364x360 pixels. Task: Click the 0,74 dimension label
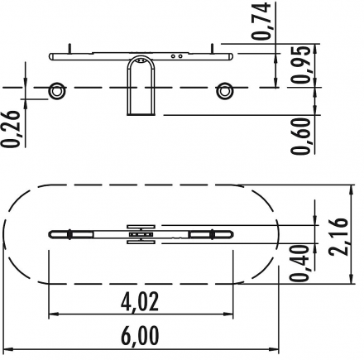tap(261, 21)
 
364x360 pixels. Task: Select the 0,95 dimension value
tap(300, 65)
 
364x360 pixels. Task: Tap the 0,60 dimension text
tap(300, 135)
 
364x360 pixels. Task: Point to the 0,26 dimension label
tap(11, 129)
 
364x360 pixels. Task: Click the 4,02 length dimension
tap(140, 302)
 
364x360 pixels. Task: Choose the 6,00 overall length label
tap(140, 336)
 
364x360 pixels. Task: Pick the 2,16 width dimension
tap(338, 237)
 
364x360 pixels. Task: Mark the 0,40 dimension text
tap(299, 263)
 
